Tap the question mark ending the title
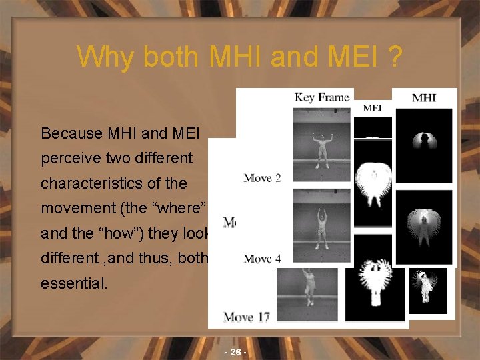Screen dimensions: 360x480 pyautogui.click(x=395, y=57)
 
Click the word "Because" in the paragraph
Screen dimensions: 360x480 pyautogui.click(x=69, y=133)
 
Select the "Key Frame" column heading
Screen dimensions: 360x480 pyautogui.click(x=322, y=97)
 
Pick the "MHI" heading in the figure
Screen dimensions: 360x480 pyautogui.click(x=424, y=98)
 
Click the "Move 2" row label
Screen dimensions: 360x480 pyautogui.click(x=262, y=178)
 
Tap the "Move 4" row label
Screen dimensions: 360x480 pyautogui.click(x=262, y=259)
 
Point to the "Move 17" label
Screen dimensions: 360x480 pyautogui.click(x=247, y=316)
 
